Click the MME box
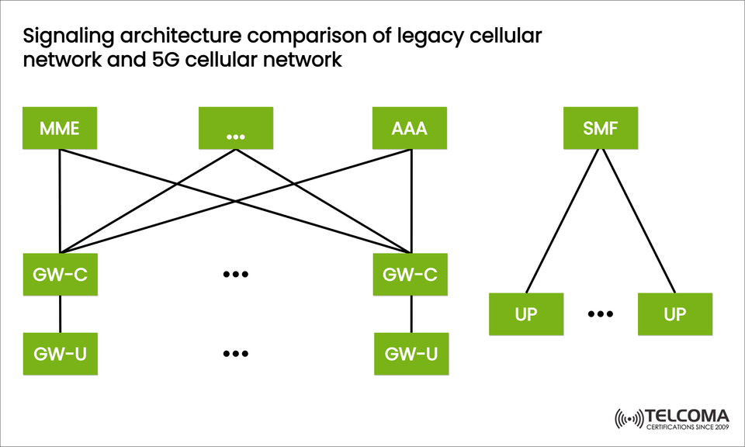tap(60, 127)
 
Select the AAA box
tap(410, 127)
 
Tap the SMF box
tap(601, 127)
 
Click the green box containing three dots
tap(236, 127)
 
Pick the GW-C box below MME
tap(60, 274)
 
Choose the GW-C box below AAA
tap(410, 274)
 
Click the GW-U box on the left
tap(60, 354)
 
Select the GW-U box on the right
tap(411, 354)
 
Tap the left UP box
tap(526, 314)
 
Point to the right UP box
tap(674, 314)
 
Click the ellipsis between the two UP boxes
tap(601, 314)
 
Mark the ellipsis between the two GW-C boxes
tap(235, 274)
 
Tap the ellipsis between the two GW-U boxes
tap(235, 354)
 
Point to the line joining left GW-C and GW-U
tap(60, 314)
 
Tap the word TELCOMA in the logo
tap(688, 415)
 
